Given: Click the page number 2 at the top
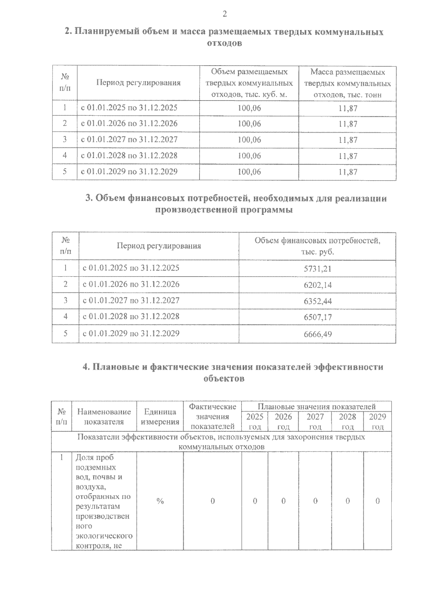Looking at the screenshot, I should pos(224,14).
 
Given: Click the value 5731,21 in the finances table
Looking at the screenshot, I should pos(317,269).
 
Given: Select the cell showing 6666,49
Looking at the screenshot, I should pos(317,334).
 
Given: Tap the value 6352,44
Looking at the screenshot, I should pos(317,301).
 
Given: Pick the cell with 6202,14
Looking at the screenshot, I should pos(317,285).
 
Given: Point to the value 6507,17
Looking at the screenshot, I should pos(317,317).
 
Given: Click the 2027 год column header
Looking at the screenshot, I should pos(315,421).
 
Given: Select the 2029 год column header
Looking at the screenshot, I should pos(377,421).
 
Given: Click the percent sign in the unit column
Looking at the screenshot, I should pos(160,501).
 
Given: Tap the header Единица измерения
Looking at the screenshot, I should pos(160,417).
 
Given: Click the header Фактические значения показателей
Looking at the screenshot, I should pos(212,416).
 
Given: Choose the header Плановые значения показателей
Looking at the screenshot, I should pos(317,406).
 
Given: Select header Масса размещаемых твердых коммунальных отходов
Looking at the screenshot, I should pos(347,83).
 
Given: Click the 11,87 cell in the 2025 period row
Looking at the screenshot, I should pos(348,108).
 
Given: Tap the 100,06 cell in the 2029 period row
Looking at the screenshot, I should pos(249,172).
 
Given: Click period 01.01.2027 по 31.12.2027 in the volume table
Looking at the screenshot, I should pos(129,139).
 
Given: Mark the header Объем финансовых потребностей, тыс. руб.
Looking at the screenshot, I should pos(317,246).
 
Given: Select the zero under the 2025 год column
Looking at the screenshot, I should pos(255,501).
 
